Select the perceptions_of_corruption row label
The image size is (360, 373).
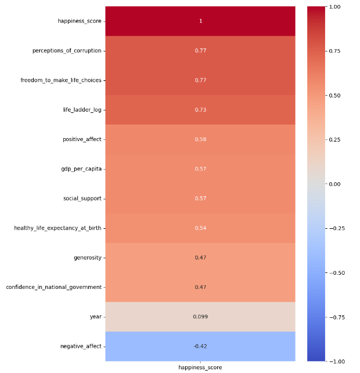click(67, 51)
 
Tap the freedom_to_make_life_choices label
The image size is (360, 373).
click(61, 80)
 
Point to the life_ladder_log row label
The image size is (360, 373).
click(82, 110)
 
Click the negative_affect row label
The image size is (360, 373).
click(81, 347)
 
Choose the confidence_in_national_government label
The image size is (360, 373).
click(54, 287)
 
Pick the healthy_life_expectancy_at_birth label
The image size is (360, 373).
click(58, 228)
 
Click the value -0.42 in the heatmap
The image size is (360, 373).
click(200, 347)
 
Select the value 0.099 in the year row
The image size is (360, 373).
click(200, 317)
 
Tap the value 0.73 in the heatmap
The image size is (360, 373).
click(200, 110)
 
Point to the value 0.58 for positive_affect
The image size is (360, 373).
click(200, 139)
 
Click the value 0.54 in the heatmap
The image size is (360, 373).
click(200, 228)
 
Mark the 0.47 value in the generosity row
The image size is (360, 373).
click(200, 258)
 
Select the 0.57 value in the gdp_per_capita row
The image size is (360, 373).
click(200, 169)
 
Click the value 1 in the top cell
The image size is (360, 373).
click(200, 21)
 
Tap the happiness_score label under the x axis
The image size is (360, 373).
click(200, 367)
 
